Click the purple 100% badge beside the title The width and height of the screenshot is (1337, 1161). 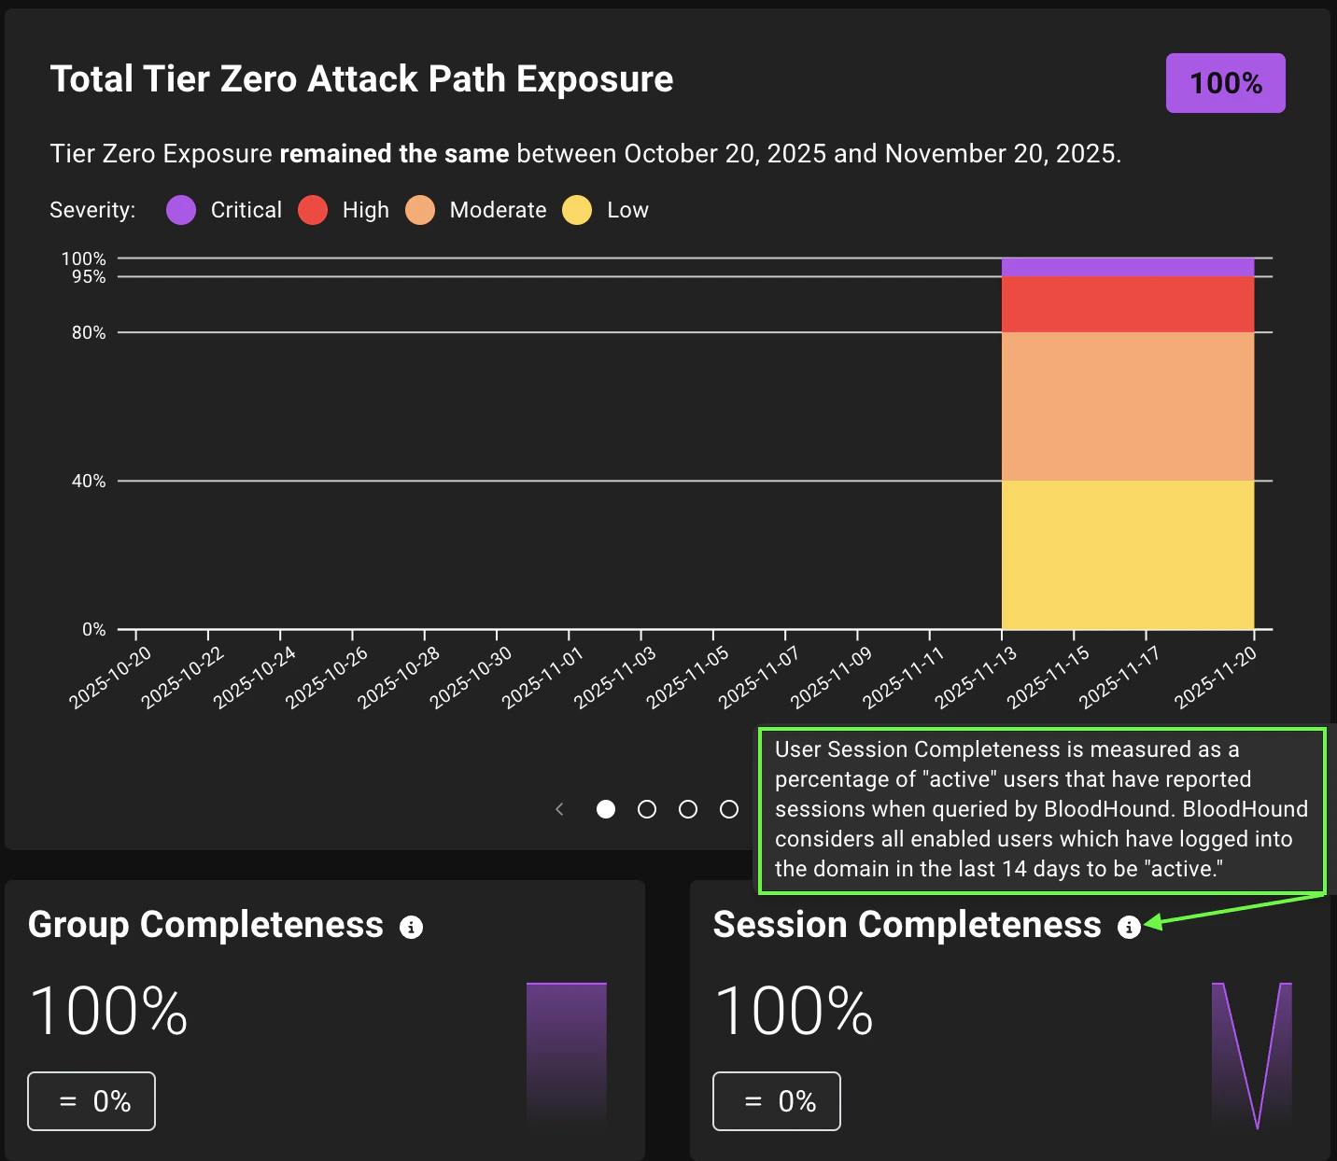click(1225, 83)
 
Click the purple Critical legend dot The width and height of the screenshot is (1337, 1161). click(181, 210)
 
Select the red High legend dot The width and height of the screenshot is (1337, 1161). click(313, 210)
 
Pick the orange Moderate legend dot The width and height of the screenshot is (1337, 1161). click(420, 210)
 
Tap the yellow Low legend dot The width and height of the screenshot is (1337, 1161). click(577, 210)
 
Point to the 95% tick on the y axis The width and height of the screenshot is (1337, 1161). click(89, 277)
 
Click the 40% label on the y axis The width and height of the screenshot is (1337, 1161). click(89, 481)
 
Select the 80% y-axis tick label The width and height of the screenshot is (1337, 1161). click(89, 332)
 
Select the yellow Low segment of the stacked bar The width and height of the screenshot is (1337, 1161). click(1127, 554)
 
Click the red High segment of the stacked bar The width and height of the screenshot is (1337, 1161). click(1127, 304)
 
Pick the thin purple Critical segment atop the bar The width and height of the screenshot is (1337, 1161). click(1127, 267)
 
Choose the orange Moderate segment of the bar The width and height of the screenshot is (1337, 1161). click(1127, 406)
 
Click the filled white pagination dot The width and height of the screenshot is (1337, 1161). click(606, 809)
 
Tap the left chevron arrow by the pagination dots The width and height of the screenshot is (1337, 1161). click(559, 809)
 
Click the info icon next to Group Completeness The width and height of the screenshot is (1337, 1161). click(411, 927)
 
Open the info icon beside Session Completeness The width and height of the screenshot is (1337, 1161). click(1129, 927)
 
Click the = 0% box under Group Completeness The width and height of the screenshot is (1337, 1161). click(91, 1101)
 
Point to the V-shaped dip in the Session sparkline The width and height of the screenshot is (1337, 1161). click(1257, 1120)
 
